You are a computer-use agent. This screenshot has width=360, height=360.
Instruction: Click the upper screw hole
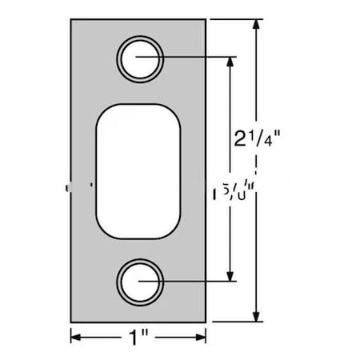[x=141, y=58]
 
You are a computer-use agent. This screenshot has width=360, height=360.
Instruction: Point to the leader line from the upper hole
[x=192, y=58]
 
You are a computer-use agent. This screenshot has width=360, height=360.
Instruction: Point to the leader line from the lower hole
[x=192, y=281]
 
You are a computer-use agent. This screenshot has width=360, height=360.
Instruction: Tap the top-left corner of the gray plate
[x=71, y=20]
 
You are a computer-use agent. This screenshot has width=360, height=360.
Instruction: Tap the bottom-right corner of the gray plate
[x=207, y=319]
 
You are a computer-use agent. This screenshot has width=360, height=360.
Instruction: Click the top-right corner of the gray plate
[x=207, y=20]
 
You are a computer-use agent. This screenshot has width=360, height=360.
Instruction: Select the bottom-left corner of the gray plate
[x=71, y=319]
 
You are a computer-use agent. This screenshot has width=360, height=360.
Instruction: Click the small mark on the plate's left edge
[x=70, y=187]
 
